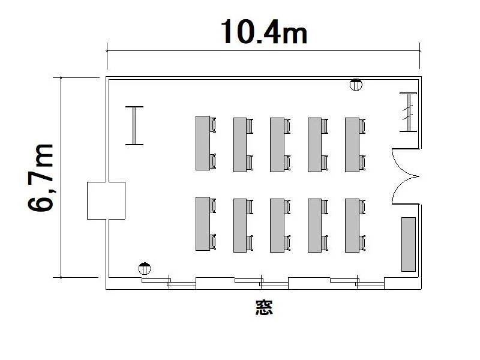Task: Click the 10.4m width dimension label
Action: coord(263,32)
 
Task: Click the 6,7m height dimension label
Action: coord(41,178)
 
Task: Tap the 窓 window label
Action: coord(264,308)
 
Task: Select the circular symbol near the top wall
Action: coord(356,85)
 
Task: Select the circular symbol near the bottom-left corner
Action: coord(145,269)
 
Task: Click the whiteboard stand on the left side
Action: coord(134,125)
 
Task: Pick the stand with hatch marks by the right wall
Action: coord(409,112)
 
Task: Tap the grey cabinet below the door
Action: coord(409,244)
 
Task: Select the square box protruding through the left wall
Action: coord(106,200)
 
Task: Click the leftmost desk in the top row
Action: coord(203,143)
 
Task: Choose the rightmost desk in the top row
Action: coord(352,145)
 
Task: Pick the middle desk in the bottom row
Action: coord(277,226)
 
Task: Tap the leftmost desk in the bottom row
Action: coord(203,224)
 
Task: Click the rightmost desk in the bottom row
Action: coord(352,226)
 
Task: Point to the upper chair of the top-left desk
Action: coord(213,125)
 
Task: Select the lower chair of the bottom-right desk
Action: coord(362,243)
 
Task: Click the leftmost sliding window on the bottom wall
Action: coord(169,283)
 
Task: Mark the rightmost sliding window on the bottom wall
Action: coord(357,283)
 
